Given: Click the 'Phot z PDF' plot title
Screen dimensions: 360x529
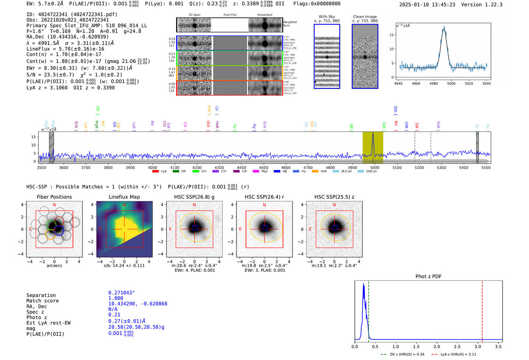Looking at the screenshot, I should pos(428,277).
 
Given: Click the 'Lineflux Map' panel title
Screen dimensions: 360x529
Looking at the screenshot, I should pos(124,197).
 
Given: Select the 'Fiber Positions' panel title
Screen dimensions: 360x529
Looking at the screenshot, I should pos(54,197).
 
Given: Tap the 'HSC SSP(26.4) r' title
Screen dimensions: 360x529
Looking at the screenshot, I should pos(264,197).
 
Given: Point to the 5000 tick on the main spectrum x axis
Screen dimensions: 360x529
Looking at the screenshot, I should pos(374,167).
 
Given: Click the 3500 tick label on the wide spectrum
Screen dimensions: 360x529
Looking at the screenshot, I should pos(42,167).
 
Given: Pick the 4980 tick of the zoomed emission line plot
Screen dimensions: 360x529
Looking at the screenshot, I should pos(433,83).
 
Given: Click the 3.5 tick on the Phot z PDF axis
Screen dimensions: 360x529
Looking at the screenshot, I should pos(498,346).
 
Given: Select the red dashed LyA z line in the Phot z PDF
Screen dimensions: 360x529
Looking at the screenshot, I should pos(482,310).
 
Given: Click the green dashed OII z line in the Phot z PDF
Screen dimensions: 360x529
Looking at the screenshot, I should pos(368,310).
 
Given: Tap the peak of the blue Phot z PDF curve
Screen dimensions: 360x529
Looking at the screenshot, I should pos(363,284).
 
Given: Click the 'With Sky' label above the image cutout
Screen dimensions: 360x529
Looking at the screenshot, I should pos(326,17).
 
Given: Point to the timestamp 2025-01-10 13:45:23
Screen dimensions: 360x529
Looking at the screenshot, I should pos(427,5).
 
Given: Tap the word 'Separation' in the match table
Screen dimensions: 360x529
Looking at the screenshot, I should pos(41,295).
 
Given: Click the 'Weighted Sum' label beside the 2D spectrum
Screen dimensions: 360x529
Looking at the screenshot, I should pos(289,24).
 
